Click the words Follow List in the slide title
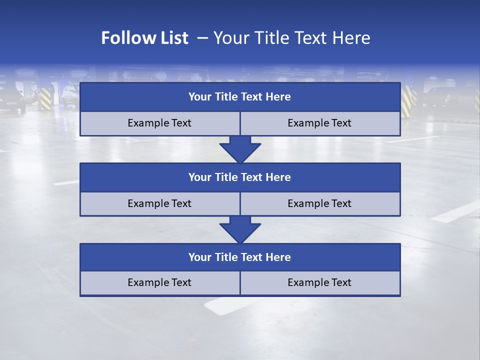click(144, 38)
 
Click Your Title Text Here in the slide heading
click(291, 38)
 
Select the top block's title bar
click(240, 97)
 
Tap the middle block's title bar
click(240, 177)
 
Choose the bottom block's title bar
click(240, 257)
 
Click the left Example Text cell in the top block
click(159, 123)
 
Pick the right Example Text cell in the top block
click(320, 123)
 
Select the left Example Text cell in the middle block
click(159, 203)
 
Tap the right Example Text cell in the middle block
click(320, 203)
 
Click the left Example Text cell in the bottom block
click(159, 283)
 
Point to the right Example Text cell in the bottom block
click(320, 283)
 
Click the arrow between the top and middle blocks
click(240, 149)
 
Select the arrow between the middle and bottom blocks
click(240, 229)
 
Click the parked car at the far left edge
click(12, 100)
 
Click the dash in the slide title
click(202, 38)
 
